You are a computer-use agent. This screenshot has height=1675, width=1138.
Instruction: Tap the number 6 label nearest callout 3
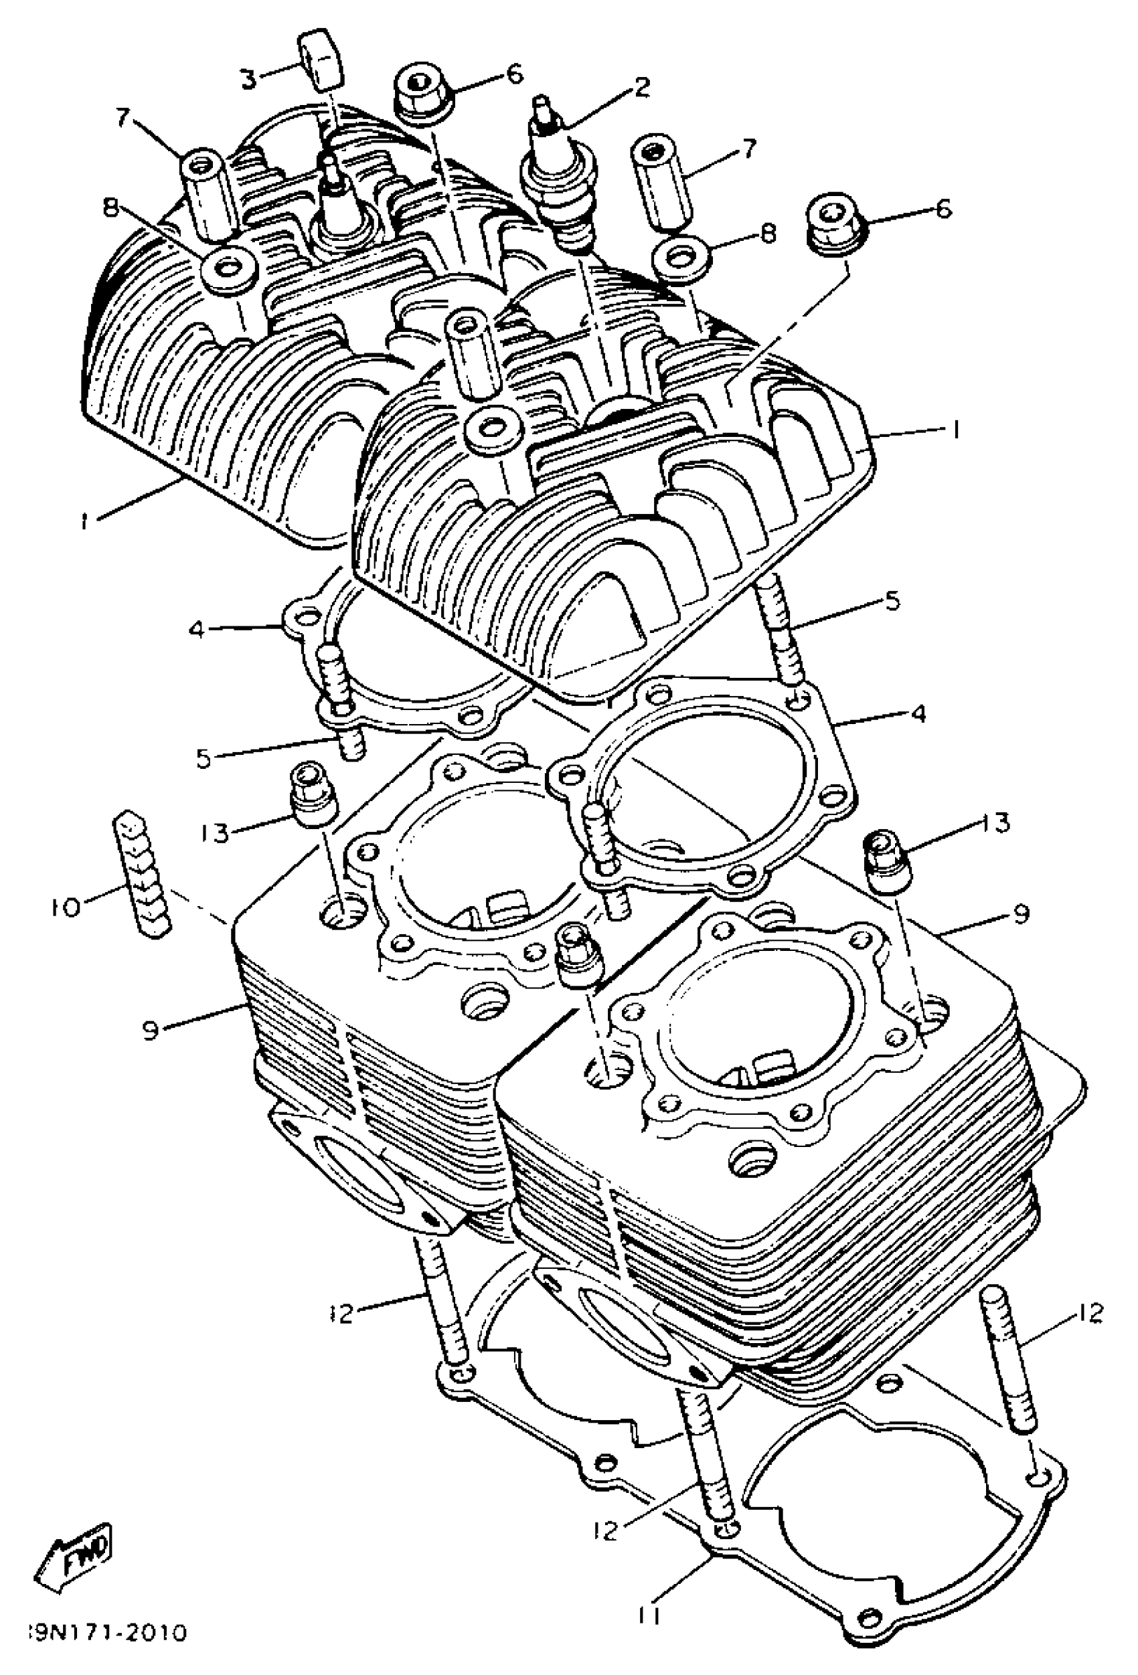(514, 75)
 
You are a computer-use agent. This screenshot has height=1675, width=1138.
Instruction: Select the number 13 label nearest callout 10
(216, 832)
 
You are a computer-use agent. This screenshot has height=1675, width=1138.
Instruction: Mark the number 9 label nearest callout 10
(151, 1031)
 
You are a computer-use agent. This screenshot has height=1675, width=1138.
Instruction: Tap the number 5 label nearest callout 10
(204, 758)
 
